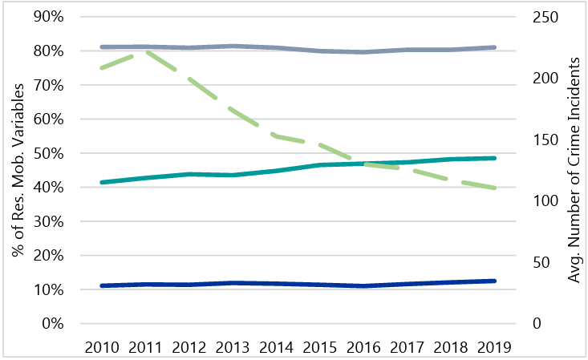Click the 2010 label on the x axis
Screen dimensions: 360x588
coord(102,347)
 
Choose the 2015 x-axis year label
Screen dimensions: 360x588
coord(320,347)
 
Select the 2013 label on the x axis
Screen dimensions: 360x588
coord(233,347)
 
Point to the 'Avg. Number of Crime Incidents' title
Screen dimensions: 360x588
coord(574,170)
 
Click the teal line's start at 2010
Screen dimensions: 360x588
coord(102,183)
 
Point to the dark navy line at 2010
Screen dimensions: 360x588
coord(102,285)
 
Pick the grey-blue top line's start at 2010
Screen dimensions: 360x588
coord(102,47)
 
